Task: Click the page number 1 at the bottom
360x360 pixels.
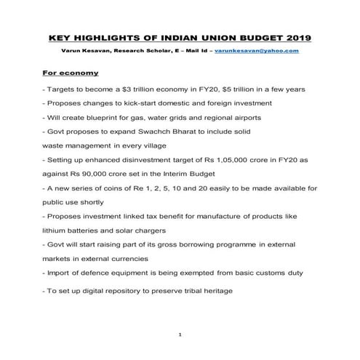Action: pos(180,333)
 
